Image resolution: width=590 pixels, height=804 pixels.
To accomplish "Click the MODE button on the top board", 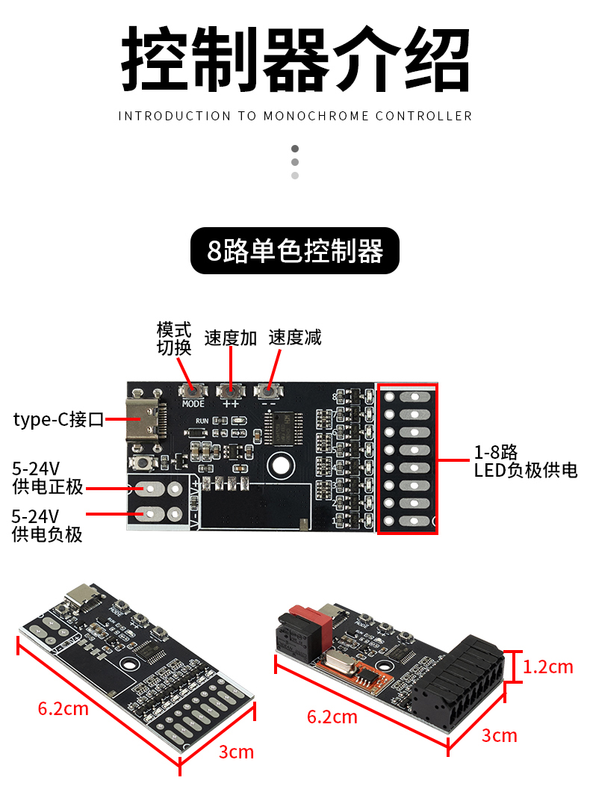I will pyautogui.click(x=193, y=390).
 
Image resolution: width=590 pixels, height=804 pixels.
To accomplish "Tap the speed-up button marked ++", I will pyautogui.click(x=230, y=390).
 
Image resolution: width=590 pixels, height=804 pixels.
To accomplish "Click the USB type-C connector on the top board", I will pyautogui.click(x=143, y=420).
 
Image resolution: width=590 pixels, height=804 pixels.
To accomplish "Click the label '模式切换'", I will pyautogui.click(x=174, y=338).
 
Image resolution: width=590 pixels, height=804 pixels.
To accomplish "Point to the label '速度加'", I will pyautogui.click(x=231, y=338).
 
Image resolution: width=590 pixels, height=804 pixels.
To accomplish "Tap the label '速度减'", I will pyautogui.click(x=295, y=338).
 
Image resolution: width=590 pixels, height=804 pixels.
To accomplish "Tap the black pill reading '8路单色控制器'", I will pyautogui.click(x=295, y=251).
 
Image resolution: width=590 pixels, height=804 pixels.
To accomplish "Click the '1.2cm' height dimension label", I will pyautogui.click(x=548, y=667).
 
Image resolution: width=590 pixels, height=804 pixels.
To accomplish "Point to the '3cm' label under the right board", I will pyautogui.click(x=500, y=735).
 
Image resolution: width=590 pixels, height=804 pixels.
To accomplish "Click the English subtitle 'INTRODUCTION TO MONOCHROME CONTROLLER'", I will pyautogui.click(x=295, y=116).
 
